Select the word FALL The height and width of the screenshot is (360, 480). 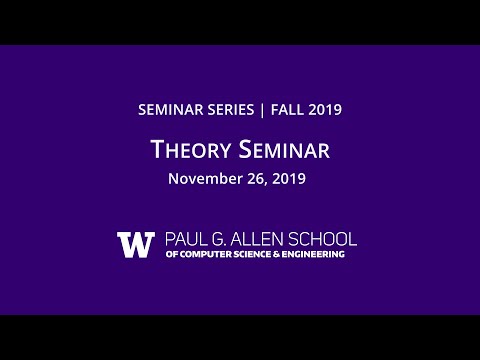pyautogui.click(x=287, y=110)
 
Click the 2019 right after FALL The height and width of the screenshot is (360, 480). pyautogui.click(x=325, y=110)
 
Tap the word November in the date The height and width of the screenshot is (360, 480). pyautogui.click(x=204, y=180)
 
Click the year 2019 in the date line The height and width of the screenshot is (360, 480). pyautogui.click(x=288, y=180)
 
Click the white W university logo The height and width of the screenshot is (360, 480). pyautogui.click(x=135, y=245)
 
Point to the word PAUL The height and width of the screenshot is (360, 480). pyautogui.click(x=184, y=240)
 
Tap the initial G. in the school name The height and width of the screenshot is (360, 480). pyautogui.click(x=224, y=240)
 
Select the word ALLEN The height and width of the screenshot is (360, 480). pyautogui.click(x=261, y=240)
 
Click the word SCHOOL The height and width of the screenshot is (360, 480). pyautogui.click(x=323, y=240)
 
